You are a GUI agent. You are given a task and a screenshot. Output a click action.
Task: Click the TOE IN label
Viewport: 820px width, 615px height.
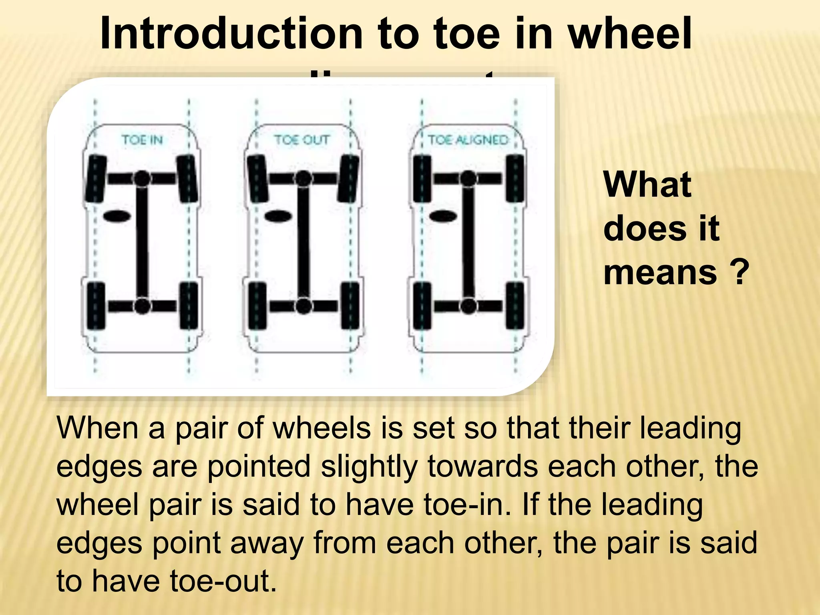pos(142,140)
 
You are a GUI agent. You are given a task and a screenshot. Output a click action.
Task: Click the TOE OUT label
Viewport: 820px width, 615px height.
pos(302,140)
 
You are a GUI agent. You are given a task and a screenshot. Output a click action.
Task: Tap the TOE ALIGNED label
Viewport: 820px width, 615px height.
pos(468,140)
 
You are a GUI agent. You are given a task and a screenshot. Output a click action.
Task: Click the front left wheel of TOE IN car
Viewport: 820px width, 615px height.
pos(95,179)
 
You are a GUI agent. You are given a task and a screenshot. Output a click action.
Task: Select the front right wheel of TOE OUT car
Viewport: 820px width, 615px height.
pos(349,179)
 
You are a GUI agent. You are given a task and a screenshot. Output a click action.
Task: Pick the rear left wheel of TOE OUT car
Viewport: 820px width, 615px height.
pos(257,306)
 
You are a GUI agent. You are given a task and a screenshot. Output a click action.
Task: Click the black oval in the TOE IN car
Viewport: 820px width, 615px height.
pos(117,216)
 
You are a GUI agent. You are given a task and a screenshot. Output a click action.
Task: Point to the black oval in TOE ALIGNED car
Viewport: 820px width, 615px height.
pos(443,216)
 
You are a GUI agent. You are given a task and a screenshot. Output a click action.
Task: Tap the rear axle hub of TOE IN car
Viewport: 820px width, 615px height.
pos(142,306)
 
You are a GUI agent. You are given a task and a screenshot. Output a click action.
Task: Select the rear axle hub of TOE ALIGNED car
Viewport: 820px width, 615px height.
pos(468,306)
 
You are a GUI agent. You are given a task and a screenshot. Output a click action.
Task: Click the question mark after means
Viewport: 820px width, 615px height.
pos(739,272)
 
